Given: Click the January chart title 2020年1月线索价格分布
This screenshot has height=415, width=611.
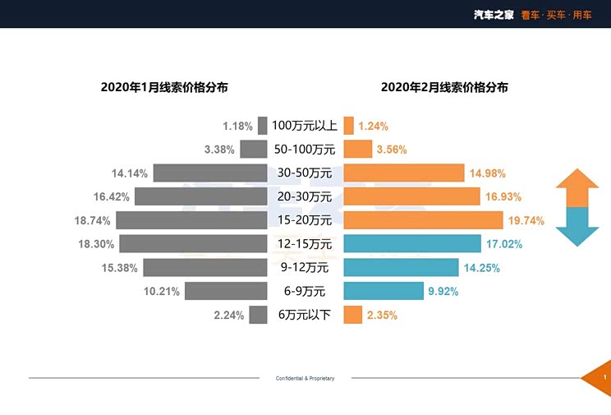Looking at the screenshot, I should coord(164,86).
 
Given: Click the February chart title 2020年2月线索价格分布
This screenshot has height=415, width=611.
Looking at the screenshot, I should coord(444,86).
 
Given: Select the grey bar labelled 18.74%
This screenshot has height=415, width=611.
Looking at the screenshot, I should coord(191,220).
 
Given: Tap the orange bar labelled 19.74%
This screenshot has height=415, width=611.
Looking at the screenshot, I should coord(423,220).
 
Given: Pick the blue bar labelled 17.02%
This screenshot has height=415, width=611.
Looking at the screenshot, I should coord(412,244).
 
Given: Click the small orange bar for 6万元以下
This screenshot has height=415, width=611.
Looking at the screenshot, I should coord(352,315).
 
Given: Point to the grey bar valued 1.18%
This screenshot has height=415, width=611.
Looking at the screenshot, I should coord(263,126).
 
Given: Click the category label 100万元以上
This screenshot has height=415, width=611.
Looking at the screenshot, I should coord(305,126).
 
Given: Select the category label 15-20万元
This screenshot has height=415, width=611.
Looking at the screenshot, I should coord(305,220).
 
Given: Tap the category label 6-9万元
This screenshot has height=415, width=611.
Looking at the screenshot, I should coord(305,291).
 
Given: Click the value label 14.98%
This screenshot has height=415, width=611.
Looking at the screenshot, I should coord(488,173).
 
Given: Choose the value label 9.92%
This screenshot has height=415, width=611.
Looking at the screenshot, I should coord(442,292).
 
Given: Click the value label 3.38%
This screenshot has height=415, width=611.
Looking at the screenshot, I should coord(219,150).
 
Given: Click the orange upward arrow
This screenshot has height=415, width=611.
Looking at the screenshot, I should coord(577,188).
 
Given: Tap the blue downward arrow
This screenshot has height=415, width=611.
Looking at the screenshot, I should coord(577,227).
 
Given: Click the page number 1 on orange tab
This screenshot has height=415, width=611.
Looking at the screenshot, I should coord(604,377).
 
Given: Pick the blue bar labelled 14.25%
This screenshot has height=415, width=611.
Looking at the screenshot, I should coord(401,268).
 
